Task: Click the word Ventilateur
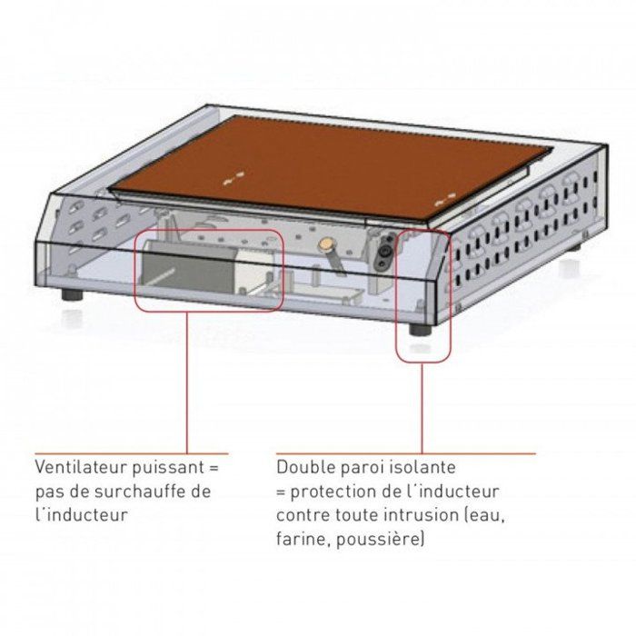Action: [x=80, y=467]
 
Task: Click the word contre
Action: [x=303, y=515]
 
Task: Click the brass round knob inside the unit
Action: [x=325, y=243]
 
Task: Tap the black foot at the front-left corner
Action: [x=72, y=294]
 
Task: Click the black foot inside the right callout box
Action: [x=420, y=329]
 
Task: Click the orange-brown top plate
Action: [x=331, y=167]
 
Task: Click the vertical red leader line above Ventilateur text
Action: [x=187, y=383]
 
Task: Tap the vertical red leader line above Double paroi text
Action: [x=422, y=408]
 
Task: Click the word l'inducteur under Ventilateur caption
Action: [x=81, y=515]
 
